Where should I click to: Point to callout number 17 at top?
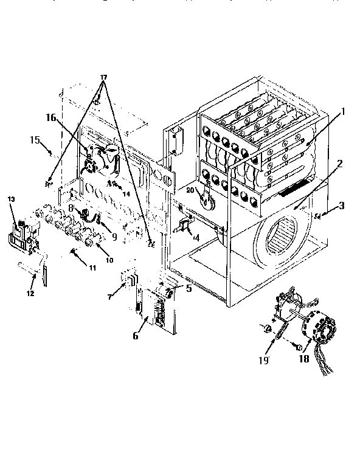103,77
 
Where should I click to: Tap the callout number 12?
30,293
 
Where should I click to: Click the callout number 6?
136,335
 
